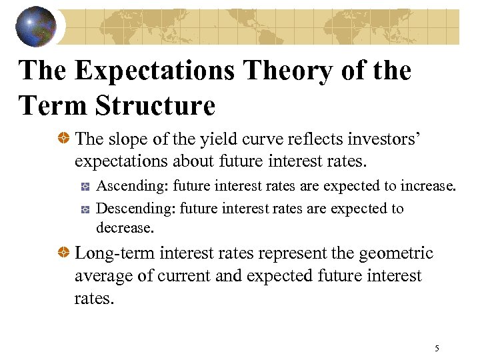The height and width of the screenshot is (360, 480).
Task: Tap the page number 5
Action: click(437, 348)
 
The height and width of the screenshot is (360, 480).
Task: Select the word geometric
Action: click(395, 253)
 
